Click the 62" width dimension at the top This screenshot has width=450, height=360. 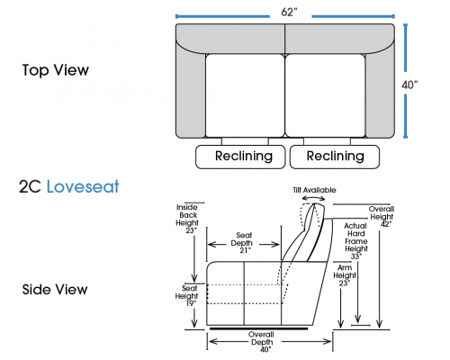click(x=289, y=12)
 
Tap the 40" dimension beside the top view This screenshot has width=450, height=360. click(x=409, y=85)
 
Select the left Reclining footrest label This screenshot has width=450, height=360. click(x=244, y=156)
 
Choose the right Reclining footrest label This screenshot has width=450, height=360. click(x=335, y=156)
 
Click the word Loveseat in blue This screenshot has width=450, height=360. click(x=83, y=186)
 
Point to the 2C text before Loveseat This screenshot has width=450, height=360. click(x=30, y=186)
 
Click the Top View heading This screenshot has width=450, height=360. click(x=56, y=70)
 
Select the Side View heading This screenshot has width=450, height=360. click(x=55, y=290)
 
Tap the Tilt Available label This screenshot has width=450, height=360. click(x=314, y=190)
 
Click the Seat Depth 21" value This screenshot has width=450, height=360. click(x=245, y=250)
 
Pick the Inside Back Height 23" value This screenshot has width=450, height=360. click(x=191, y=230)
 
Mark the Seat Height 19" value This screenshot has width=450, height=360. click(x=191, y=303)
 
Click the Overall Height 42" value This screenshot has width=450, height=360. click(x=386, y=224)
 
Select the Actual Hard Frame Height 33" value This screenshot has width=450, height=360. click(x=355, y=256)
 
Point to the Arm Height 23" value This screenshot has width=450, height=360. click(x=345, y=283)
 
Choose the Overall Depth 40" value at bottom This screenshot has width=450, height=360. click(x=265, y=349)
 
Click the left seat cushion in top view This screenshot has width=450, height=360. click(x=245, y=95)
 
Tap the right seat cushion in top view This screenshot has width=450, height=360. click(x=325, y=95)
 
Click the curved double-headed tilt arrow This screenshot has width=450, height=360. click(x=313, y=197)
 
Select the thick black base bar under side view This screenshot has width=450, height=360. click(x=259, y=328)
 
